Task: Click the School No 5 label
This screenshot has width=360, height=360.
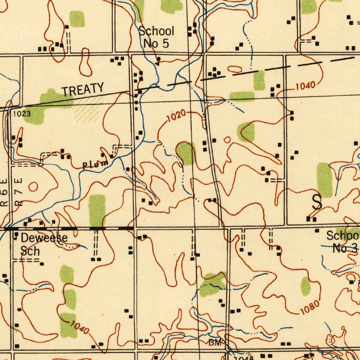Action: (156, 37)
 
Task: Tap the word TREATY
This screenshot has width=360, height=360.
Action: (83, 89)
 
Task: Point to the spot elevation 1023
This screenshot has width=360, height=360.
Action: (21, 114)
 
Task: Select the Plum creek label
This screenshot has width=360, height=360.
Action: (95, 164)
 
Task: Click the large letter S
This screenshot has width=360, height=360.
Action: (317, 202)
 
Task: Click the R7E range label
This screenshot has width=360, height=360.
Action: (19, 194)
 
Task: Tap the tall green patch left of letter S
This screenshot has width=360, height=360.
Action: (324, 180)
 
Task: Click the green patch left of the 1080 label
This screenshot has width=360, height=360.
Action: (305, 285)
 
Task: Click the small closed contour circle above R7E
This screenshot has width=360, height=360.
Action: (33, 187)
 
